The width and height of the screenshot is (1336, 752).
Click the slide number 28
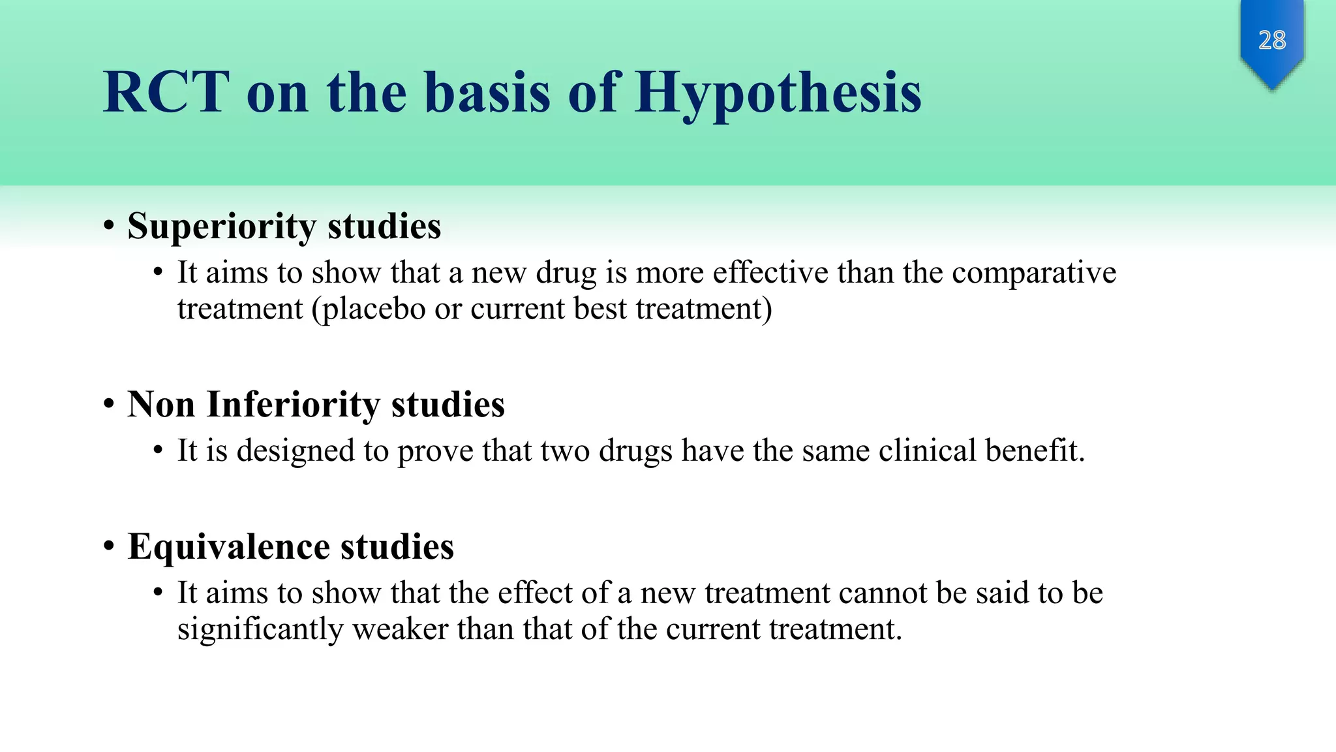1271,40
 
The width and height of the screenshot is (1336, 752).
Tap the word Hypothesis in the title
778,93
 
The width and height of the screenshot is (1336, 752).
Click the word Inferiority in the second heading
293,405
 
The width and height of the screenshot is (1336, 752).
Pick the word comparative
1033,273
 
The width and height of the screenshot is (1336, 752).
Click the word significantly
260,630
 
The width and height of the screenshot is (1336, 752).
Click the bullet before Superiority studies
109,227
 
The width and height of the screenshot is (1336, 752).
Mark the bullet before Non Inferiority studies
109,405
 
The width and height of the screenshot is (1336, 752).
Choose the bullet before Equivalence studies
109,546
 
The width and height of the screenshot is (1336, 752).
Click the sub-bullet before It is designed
158,451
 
